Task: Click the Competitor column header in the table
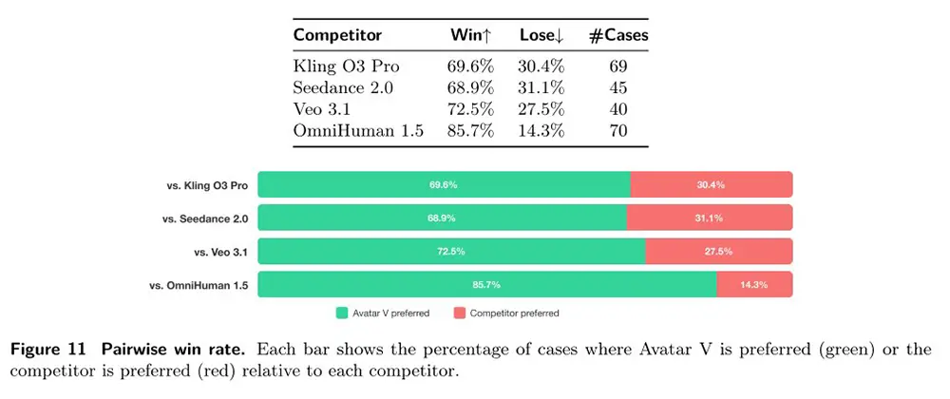(x=337, y=35)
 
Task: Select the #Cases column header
(x=617, y=35)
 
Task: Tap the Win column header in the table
(x=471, y=35)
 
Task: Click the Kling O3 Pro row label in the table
(x=345, y=66)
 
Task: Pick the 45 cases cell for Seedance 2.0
(x=617, y=87)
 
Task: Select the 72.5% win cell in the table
(x=470, y=109)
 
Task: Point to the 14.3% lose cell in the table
(x=541, y=131)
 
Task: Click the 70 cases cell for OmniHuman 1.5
(x=617, y=131)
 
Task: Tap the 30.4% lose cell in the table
(x=541, y=66)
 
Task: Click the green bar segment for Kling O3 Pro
(x=444, y=185)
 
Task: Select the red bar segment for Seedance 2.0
(x=709, y=218)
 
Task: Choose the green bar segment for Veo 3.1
(x=451, y=251)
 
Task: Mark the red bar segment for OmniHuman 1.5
(x=754, y=284)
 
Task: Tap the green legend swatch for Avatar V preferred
(x=343, y=313)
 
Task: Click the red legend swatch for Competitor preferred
(x=460, y=313)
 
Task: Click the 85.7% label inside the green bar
(x=485, y=284)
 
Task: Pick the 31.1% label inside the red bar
(x=709, y=218)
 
